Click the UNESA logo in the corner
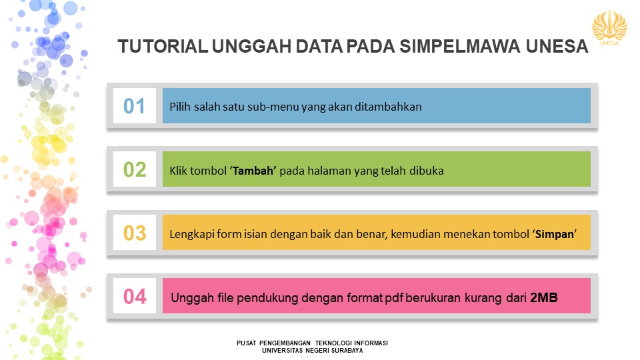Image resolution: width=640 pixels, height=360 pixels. click(609, 28)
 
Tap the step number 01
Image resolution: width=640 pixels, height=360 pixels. click(134, 106)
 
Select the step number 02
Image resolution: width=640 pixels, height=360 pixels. click(134, 169)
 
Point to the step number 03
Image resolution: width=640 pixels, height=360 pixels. click(134, 233)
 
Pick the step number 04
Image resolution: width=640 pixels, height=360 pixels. click(135, 296)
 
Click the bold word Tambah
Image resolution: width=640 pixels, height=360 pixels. click(253, 171)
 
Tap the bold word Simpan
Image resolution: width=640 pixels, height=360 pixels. click(554, 234)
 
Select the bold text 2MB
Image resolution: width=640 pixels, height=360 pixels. click(544, 297)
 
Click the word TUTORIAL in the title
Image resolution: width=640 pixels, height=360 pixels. click(163, 46)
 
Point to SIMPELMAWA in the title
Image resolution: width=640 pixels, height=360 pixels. click(459, 46)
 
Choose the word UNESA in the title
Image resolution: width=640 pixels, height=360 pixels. click(557, 46)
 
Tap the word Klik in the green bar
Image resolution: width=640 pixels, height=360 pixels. click(178, 171)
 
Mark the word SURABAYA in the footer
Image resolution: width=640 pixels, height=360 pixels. click(347, 351)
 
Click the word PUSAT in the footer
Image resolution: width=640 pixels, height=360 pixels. click(246, 343)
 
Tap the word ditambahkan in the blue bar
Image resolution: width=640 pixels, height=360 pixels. click(388, 107)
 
